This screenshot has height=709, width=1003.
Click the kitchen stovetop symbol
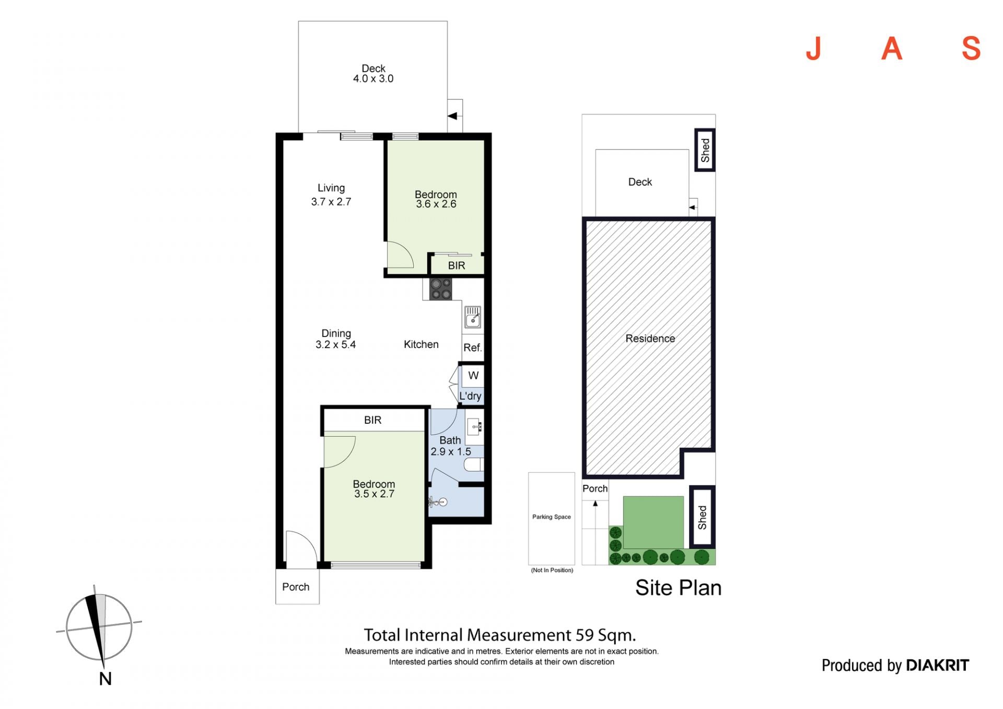[441, 289]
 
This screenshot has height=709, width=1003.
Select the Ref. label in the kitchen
[473, 347]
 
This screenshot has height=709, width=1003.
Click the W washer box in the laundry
[473, 375]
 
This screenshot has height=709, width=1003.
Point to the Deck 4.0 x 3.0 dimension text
[373, 74]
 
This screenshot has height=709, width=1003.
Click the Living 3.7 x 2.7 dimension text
[331, 195]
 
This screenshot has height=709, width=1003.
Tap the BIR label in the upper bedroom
[457, 265]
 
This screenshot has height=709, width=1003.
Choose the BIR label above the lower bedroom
[373, 420]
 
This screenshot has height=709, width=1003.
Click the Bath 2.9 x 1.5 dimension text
[450, 446]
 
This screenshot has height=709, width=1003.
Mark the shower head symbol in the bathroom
[437, 503]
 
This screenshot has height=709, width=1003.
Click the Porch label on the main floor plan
[296, 587]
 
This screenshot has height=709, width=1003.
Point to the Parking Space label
[552, 517]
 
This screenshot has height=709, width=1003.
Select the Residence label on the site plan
[650, 339]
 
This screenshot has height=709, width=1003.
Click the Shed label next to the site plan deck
[705, 150]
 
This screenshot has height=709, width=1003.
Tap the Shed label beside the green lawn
[702, 517]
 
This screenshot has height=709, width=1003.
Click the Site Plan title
[679, 588]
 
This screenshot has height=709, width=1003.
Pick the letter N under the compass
[106, 679]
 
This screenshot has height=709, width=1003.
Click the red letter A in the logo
[892, 49]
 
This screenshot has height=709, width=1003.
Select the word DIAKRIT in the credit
[938, 665]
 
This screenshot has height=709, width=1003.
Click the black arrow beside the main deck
[452, 116]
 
